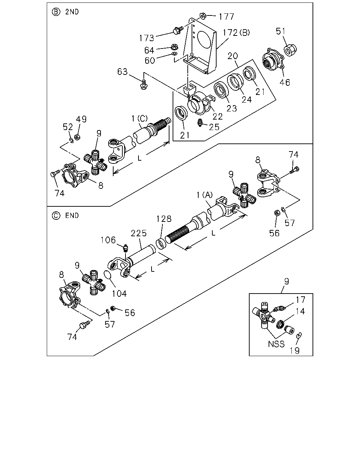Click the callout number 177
pos(226,17)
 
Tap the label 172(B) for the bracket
pos(236,33)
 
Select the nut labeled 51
pos(290,50)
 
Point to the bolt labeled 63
pos(143,84)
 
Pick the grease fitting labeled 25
pos(200,123)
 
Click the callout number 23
pos(232,108)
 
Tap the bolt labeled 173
pos(178,30)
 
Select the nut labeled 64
pos(174,47)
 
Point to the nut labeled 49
pos(78,137)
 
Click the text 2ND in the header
pos(72,12)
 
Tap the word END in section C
pos(72,216)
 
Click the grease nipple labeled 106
pos(126,247)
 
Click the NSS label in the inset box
pos(276,344)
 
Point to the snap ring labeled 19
pos(299,335)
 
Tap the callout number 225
pos(139,233)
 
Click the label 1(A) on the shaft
pos(204,195)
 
